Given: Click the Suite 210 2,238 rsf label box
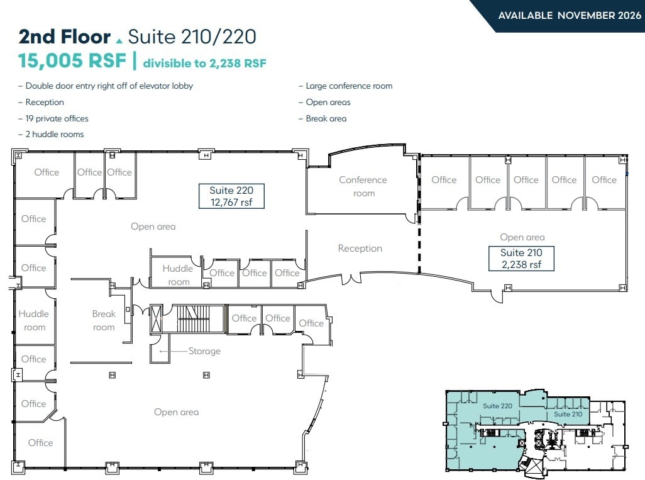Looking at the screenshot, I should pos(521,259).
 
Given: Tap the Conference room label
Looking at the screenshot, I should pos(363,186).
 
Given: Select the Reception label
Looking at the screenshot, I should pos(360,248).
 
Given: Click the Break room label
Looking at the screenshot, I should pos(104,320).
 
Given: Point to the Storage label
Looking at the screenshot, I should pos(204,351).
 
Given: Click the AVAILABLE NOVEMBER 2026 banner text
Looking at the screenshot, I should pos(565,15).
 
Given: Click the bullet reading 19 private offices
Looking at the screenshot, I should pos(57,118).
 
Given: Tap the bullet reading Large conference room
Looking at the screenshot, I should pos(349,86).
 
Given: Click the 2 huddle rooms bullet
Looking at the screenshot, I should pos(54,134).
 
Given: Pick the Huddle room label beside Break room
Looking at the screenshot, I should pos(34,320).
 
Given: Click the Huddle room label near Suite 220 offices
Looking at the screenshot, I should pos(178,275).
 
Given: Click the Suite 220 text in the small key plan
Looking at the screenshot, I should pos(498,406).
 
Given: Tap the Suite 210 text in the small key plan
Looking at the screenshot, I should pos(568,414).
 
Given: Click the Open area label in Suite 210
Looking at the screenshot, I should pos(522,237).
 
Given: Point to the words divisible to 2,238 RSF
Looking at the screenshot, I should pos(204,63).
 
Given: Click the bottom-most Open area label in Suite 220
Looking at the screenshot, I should pos(176,412).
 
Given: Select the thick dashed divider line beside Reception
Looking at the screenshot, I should pos(418,248).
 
